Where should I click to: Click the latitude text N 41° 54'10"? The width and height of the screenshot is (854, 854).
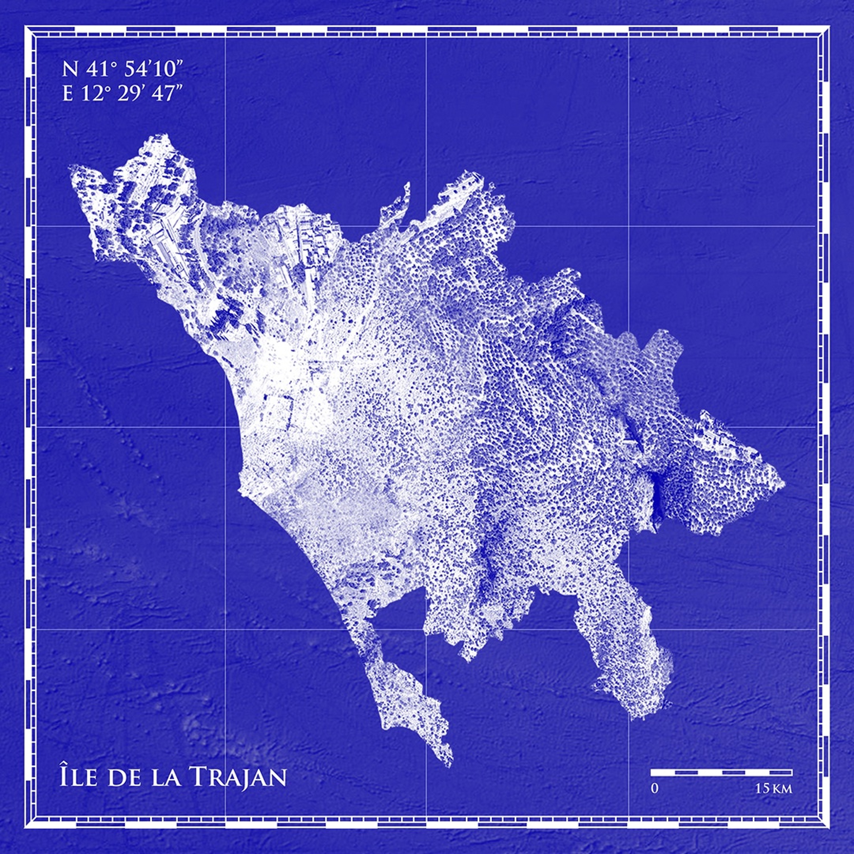pos(122,70)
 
